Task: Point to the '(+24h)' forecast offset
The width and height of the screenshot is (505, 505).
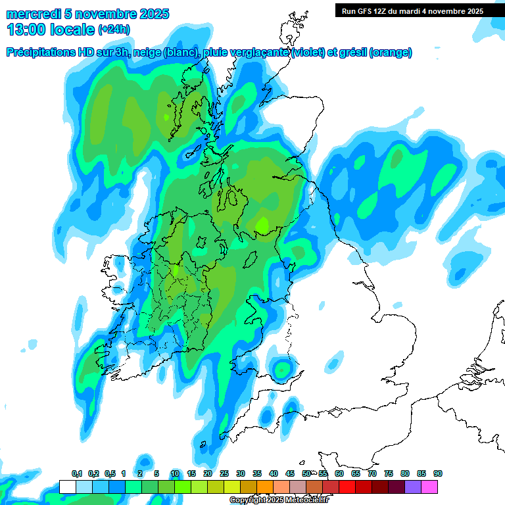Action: pos(114,29)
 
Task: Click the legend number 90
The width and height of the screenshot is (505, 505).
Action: pos(437,473)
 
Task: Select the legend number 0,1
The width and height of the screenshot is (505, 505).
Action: pos(77,473)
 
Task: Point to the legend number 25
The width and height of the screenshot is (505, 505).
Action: pos(224,473)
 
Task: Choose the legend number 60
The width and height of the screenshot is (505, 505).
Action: pos(339,473)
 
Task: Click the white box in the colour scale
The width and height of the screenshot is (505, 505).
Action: pos(68,487)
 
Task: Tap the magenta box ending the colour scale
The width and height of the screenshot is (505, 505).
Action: pos(429,487)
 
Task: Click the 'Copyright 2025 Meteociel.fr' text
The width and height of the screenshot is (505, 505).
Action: pos(279,500)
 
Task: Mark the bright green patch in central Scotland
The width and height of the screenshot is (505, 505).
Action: pos(262,225)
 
